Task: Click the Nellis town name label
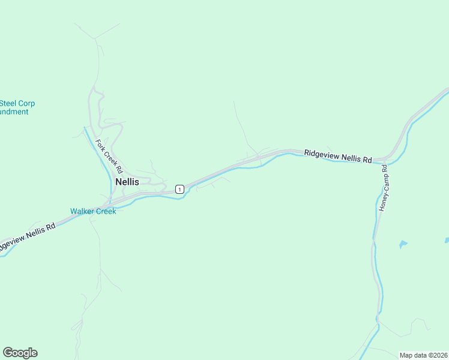tap(127, 181)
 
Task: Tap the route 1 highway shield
tap(179, 189)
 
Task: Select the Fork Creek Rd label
tap(109, 157)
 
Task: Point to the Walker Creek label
tap(93, 211)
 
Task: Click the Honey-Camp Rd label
tap(385, 187)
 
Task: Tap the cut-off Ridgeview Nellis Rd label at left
tap(27, 235)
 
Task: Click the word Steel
tap(8, 103)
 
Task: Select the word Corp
tap(27, 103)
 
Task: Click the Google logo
tap(20, 353)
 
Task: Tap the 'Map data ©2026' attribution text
tap(423, 355)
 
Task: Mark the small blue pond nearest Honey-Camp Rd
tap(403, 244)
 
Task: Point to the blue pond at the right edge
tap(447, 240)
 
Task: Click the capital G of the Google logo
tap(8, 353)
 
